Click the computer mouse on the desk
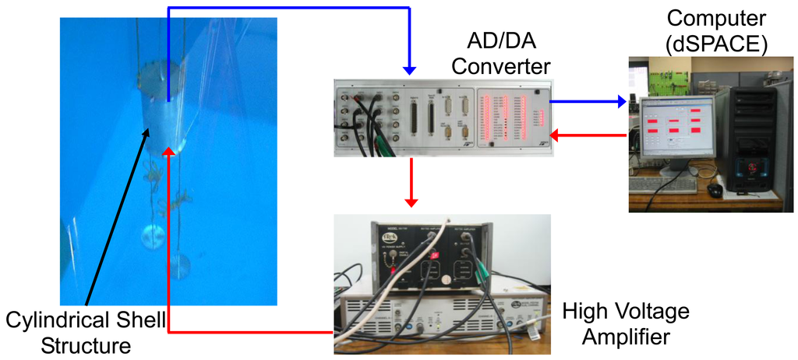pyautogui.click(x=715, y=189)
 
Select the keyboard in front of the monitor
pyautogui.click(x=663, y=185)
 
